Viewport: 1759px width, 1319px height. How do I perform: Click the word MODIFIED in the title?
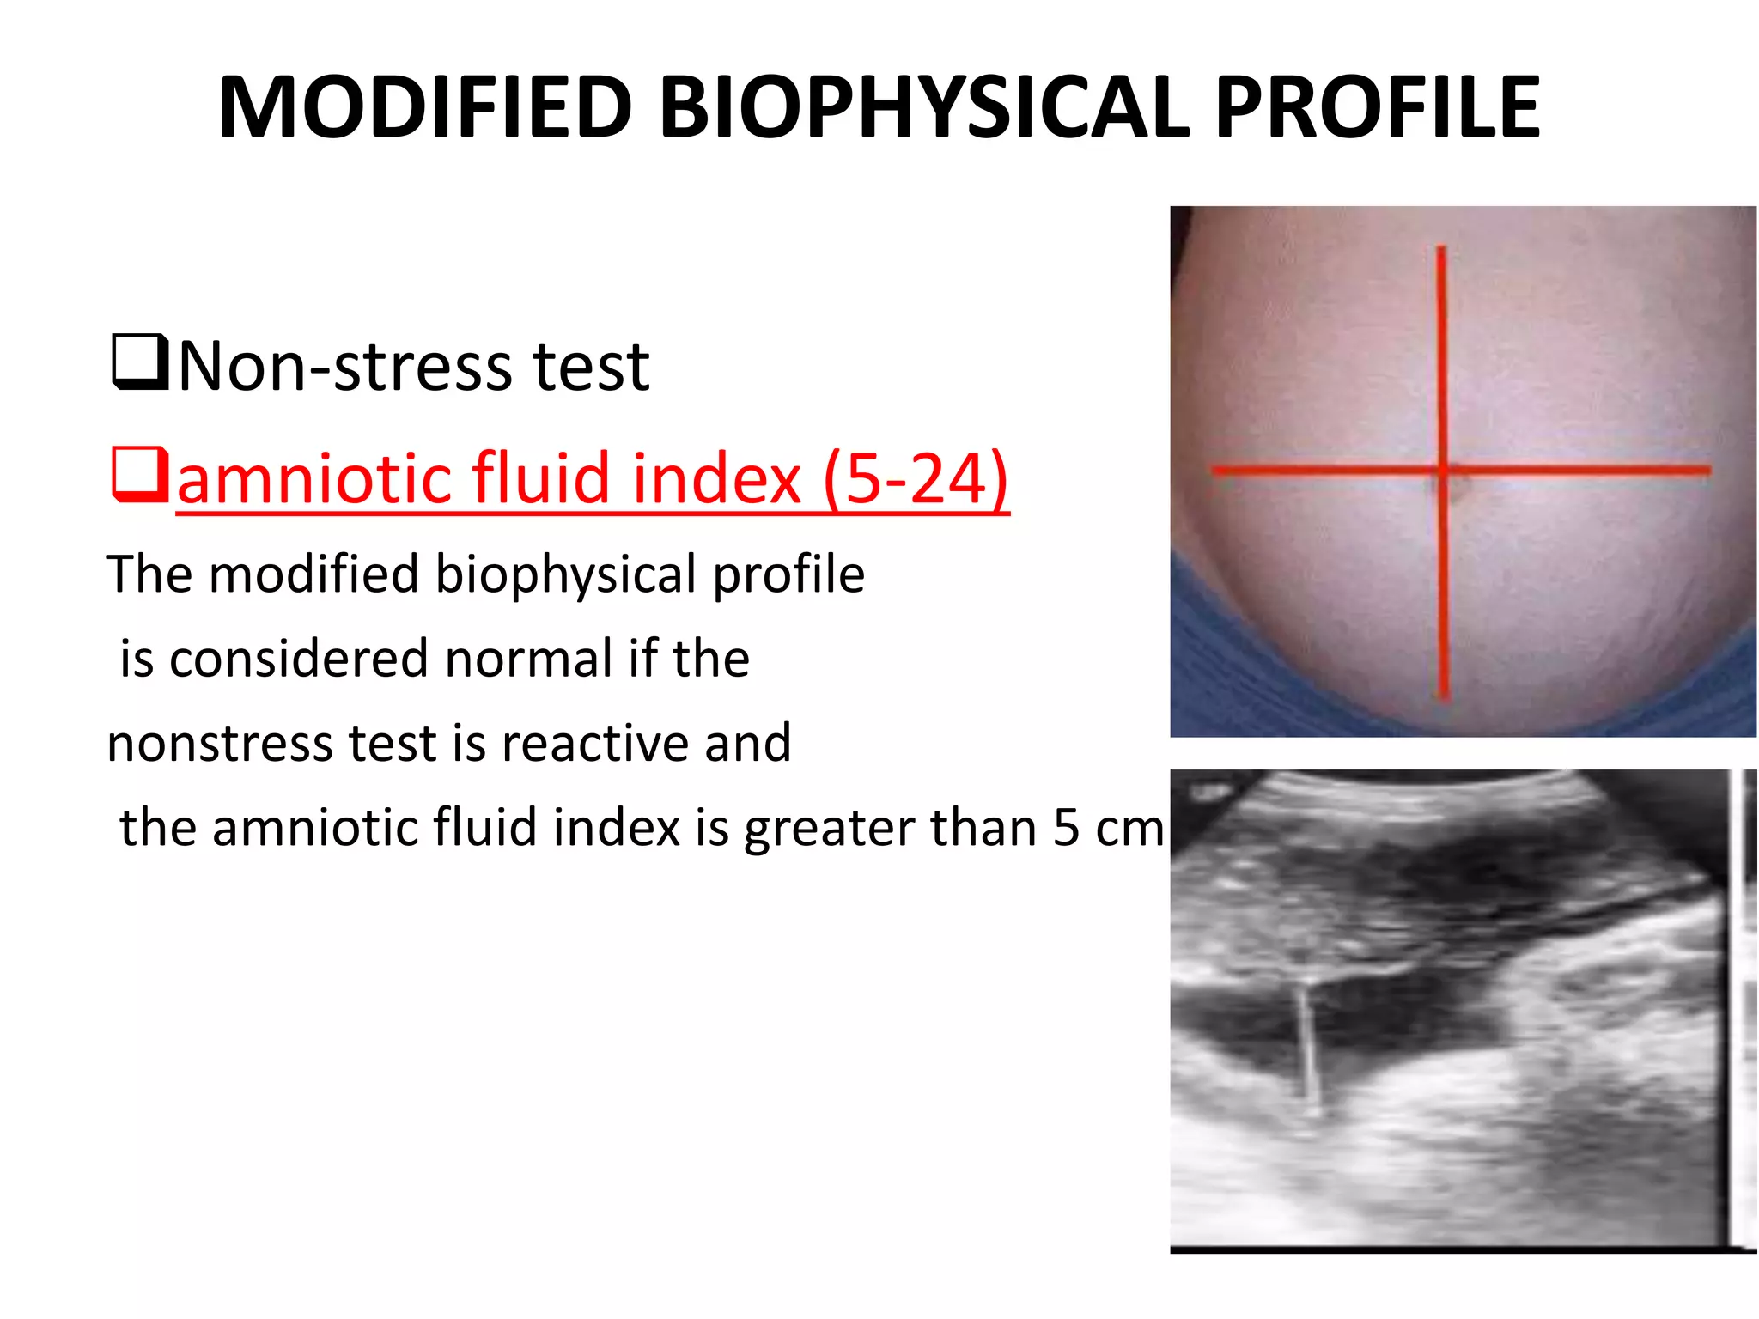point(425,107)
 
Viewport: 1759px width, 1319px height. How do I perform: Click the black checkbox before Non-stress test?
point(139,363)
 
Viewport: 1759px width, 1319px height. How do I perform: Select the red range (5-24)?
point(916,478)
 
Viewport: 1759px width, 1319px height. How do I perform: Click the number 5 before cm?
point(1065,828)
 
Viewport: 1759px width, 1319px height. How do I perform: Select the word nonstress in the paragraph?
point(219,744)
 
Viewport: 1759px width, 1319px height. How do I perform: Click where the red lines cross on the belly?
point(1444,470)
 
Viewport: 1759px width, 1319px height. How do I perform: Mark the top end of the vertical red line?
point(1441,249)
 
